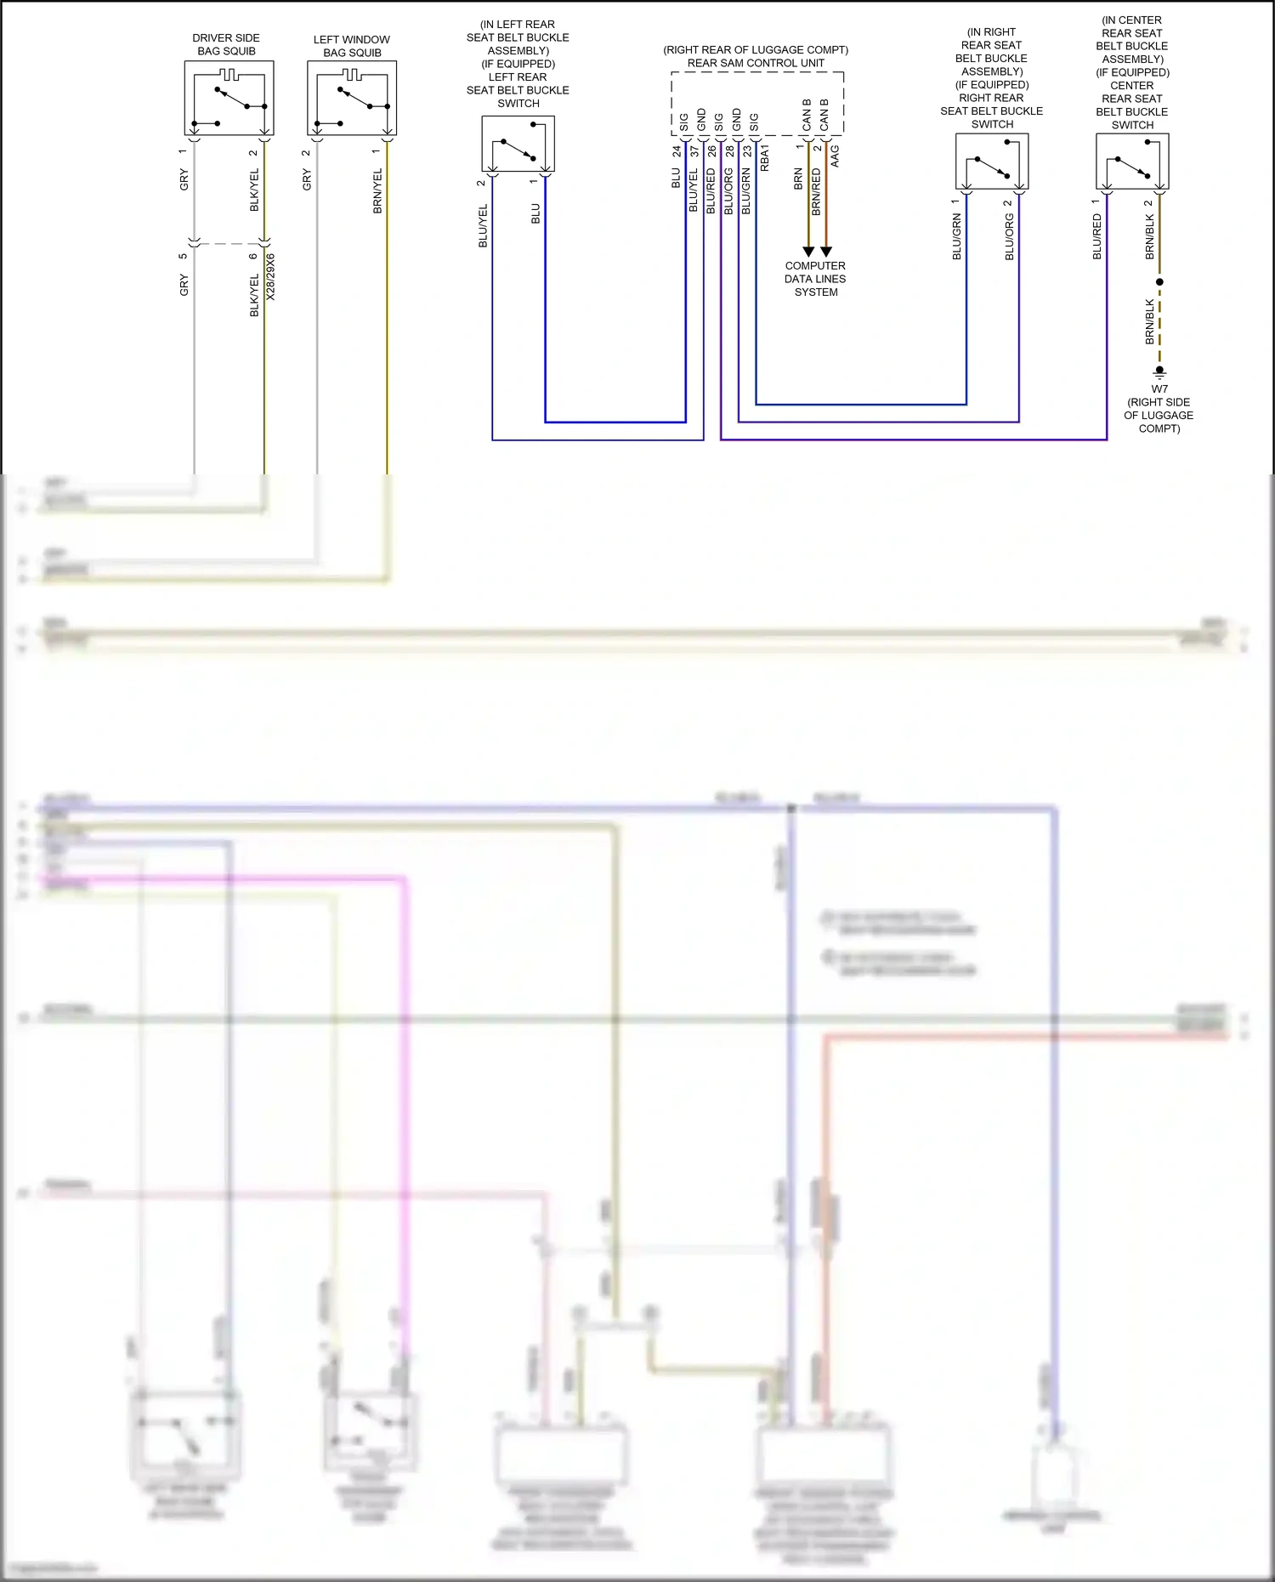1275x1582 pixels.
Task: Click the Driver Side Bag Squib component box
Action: point(229,99)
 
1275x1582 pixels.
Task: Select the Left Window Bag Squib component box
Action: point(352,99)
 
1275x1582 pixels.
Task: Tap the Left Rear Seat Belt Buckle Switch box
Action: point(518,144)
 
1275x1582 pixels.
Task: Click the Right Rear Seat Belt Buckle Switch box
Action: point(992,162)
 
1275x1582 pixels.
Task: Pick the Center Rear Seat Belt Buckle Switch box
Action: point(1132,162)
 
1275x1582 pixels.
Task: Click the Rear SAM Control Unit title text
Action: point(756,63)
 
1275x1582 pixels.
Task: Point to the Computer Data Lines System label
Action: point(815,279)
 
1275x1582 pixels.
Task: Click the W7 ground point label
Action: point(1159,389)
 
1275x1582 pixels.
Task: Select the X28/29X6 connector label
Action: point(271,276)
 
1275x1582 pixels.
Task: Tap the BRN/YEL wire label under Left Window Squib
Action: point(377,190)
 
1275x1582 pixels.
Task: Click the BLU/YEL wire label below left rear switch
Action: point(483,225)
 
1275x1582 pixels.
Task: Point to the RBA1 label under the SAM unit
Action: point(765,158)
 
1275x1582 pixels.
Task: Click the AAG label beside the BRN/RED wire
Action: point(835,156)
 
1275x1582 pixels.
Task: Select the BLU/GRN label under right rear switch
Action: point(956,237)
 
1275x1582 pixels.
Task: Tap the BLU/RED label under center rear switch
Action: point(1096,236)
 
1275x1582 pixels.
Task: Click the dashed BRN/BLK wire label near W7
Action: point(1150,321)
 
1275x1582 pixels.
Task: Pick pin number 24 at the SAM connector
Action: point(677,151)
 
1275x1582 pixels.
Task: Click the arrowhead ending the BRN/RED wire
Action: point(826,252)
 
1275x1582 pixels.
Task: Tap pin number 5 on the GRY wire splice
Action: point(183,256)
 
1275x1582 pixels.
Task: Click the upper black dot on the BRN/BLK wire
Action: point(1159,281)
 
